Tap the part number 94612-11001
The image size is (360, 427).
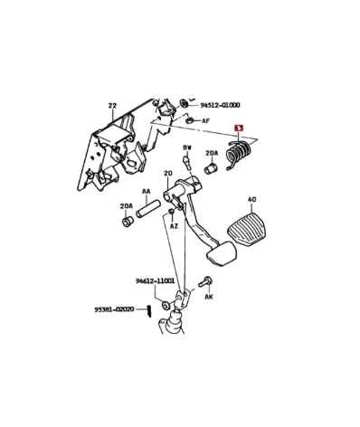(x=155, y=281)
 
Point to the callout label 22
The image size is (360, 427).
(x=112, y=106)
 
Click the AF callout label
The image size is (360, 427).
(x=205, y=120)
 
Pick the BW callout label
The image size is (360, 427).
(x=187, y=147)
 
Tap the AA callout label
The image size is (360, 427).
(x=146, y=191)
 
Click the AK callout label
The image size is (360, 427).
(x=208, y=296)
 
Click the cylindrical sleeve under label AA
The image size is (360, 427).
(x=149, y=211)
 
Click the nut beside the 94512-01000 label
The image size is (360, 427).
(x=184, y=104)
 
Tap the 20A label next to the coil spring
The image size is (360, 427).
(x=213, y=154)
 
